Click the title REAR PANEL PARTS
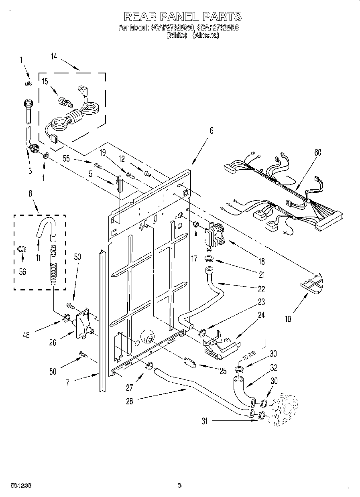tap(183, 16)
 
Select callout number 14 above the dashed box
tap(54, 57)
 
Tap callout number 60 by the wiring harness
tap(317, 152)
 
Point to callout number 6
tap(211, 130)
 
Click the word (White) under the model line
tap(177, 35)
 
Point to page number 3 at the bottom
tap(180, 485)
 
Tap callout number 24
tap(261, 315)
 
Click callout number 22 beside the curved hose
tap(261, 289)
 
